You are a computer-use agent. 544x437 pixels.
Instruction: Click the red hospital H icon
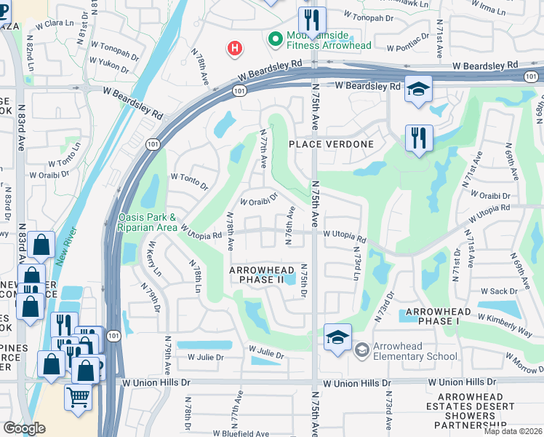(234, 49)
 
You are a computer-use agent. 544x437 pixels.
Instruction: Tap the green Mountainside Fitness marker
(276, 39)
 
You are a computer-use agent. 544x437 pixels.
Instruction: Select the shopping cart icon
(79, 397)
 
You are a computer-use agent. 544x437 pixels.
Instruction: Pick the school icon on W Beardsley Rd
(418, 89)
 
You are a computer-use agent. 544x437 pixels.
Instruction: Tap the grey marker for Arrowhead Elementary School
(361, 350)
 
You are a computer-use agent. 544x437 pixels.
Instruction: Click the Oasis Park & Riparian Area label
(147, 222)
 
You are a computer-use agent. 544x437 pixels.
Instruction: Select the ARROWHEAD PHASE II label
(257, 275)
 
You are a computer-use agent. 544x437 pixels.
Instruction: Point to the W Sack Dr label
(499, 291)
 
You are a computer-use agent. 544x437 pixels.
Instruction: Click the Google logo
(24, 428)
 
